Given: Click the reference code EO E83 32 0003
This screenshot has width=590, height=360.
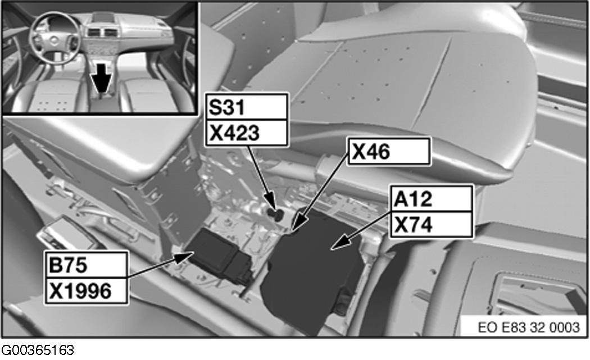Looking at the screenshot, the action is pos(528,327).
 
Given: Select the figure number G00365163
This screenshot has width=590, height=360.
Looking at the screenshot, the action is pos(38,350).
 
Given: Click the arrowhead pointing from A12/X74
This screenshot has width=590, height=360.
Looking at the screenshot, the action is pos(340,243).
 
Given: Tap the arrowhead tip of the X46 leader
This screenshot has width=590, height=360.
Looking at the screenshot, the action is pos(293,230).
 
